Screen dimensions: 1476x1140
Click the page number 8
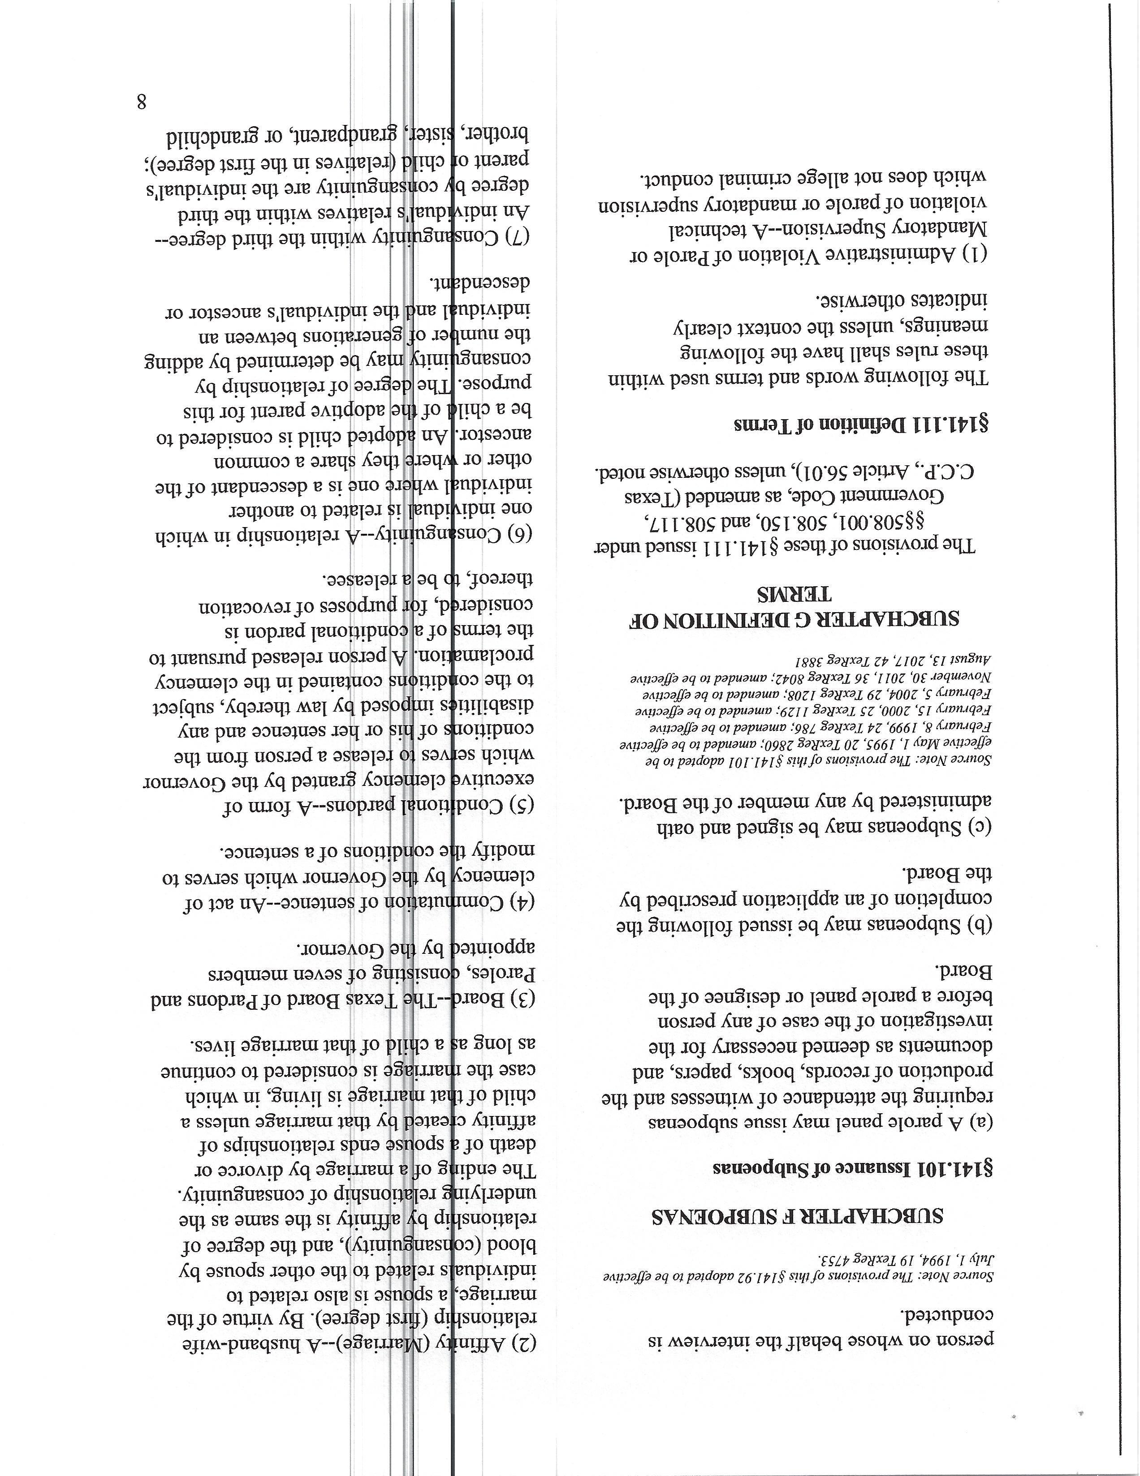(142, 102)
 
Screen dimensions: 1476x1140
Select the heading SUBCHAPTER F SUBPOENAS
(798, 1216)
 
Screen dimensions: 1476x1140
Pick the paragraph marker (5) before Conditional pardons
(522, 806)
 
